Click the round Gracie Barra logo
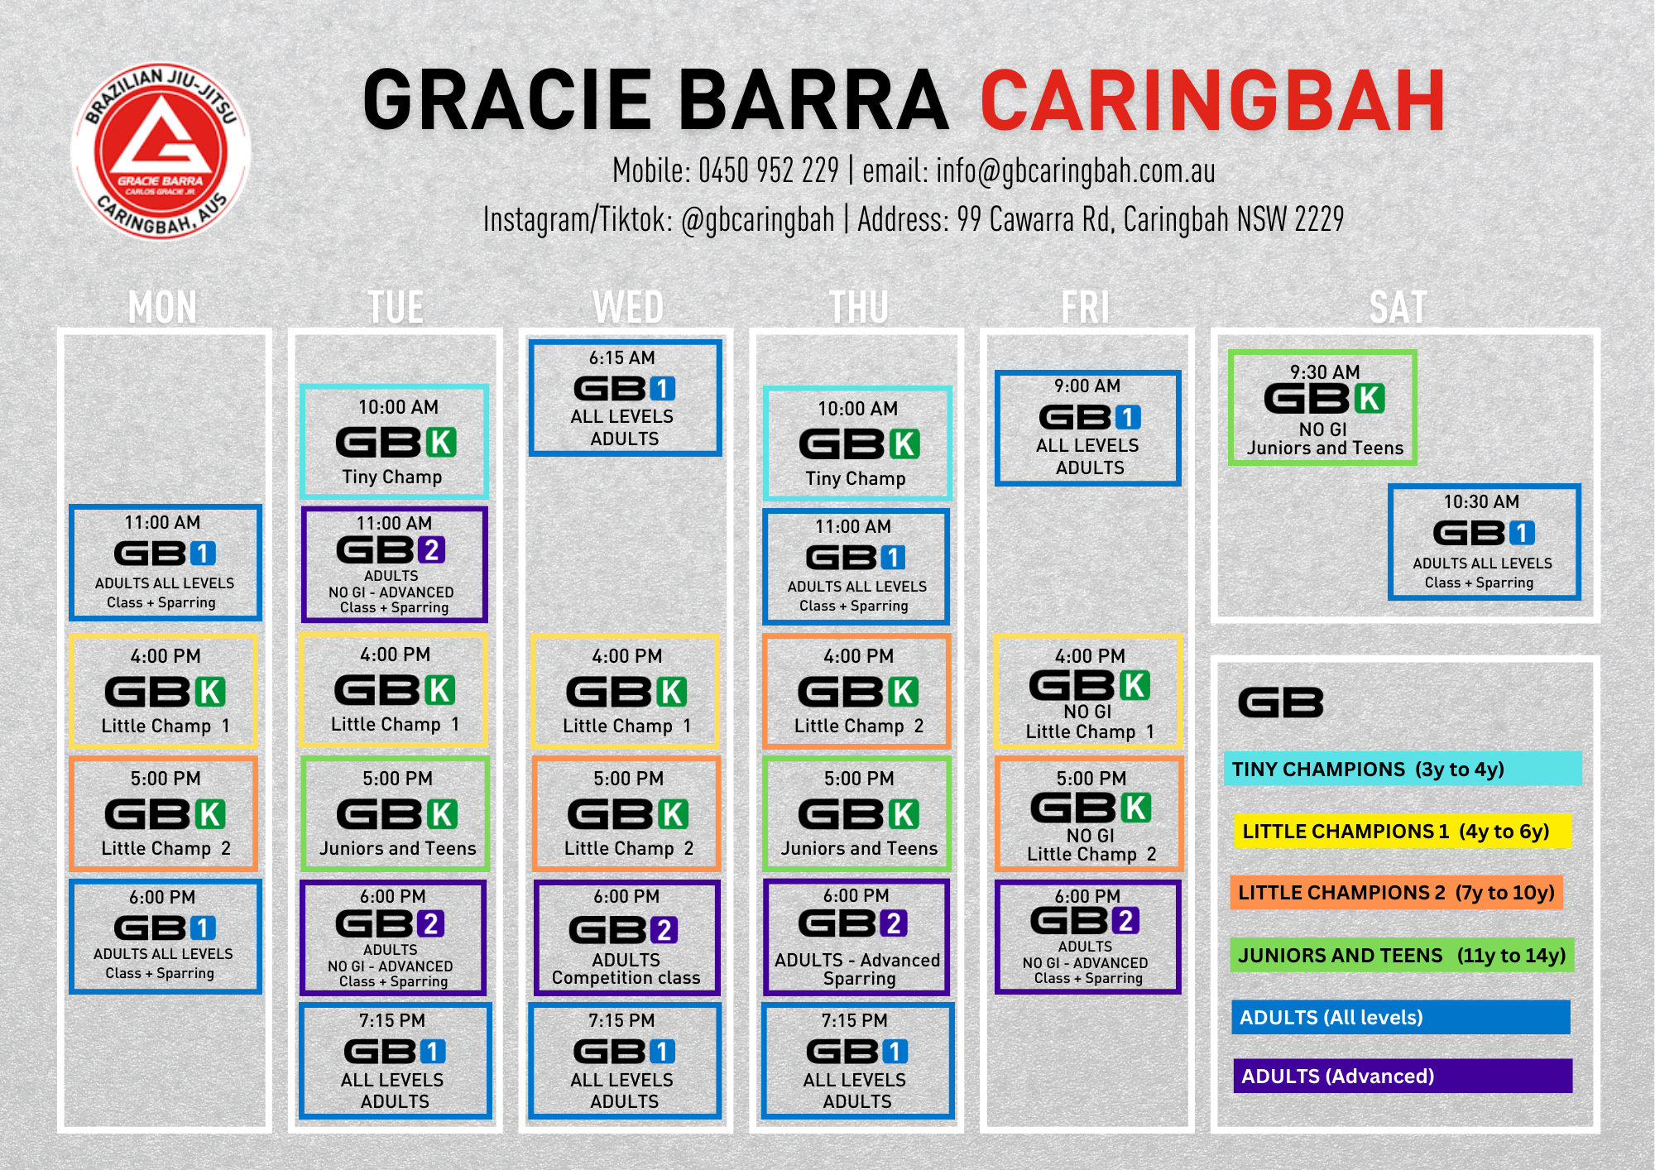point(161,151)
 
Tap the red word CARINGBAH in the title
point(1213,101)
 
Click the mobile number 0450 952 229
point(769,170)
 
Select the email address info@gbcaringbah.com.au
point(1076,171)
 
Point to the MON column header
point(163,307)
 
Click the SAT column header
point(1398,307)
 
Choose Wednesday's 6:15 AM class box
point(625,398)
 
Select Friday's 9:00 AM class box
point(1087,428)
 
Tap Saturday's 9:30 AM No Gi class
point(1322,408)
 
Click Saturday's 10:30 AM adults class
point(1484,542)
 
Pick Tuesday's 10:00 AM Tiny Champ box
point(394,442)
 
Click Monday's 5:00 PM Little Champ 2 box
point(164,813)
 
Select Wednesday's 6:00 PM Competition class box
point(626,937)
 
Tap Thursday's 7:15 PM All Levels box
point(857,1061)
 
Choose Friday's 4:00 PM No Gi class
point(1088,692)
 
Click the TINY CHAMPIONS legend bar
point(1403,769)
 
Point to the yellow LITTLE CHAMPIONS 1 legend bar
point(1402,831)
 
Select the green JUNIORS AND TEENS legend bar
point(1402,955)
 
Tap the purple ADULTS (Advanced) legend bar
point(1403,1076)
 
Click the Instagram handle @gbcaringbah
point(757,220)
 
